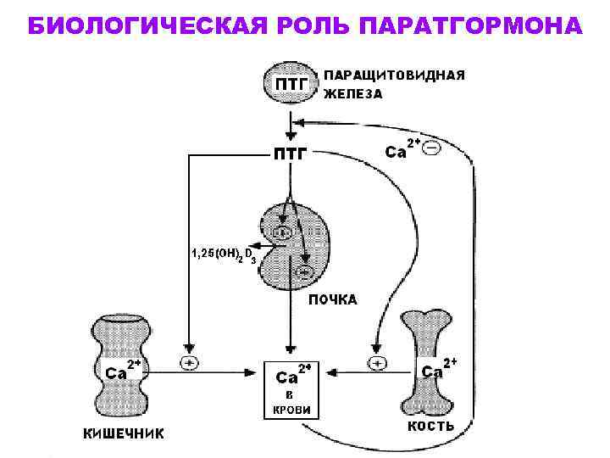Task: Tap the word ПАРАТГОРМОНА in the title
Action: (x=470, y=25)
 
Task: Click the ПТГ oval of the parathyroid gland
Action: (x=291, y=83)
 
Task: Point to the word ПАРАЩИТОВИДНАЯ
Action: (x=396, y=75)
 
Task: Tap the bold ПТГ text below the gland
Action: (x=290, y=154)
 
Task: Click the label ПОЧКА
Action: (x=332, y=299)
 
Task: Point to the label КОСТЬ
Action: (x=431, y=426)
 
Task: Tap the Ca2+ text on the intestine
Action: (x=121, y=370)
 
